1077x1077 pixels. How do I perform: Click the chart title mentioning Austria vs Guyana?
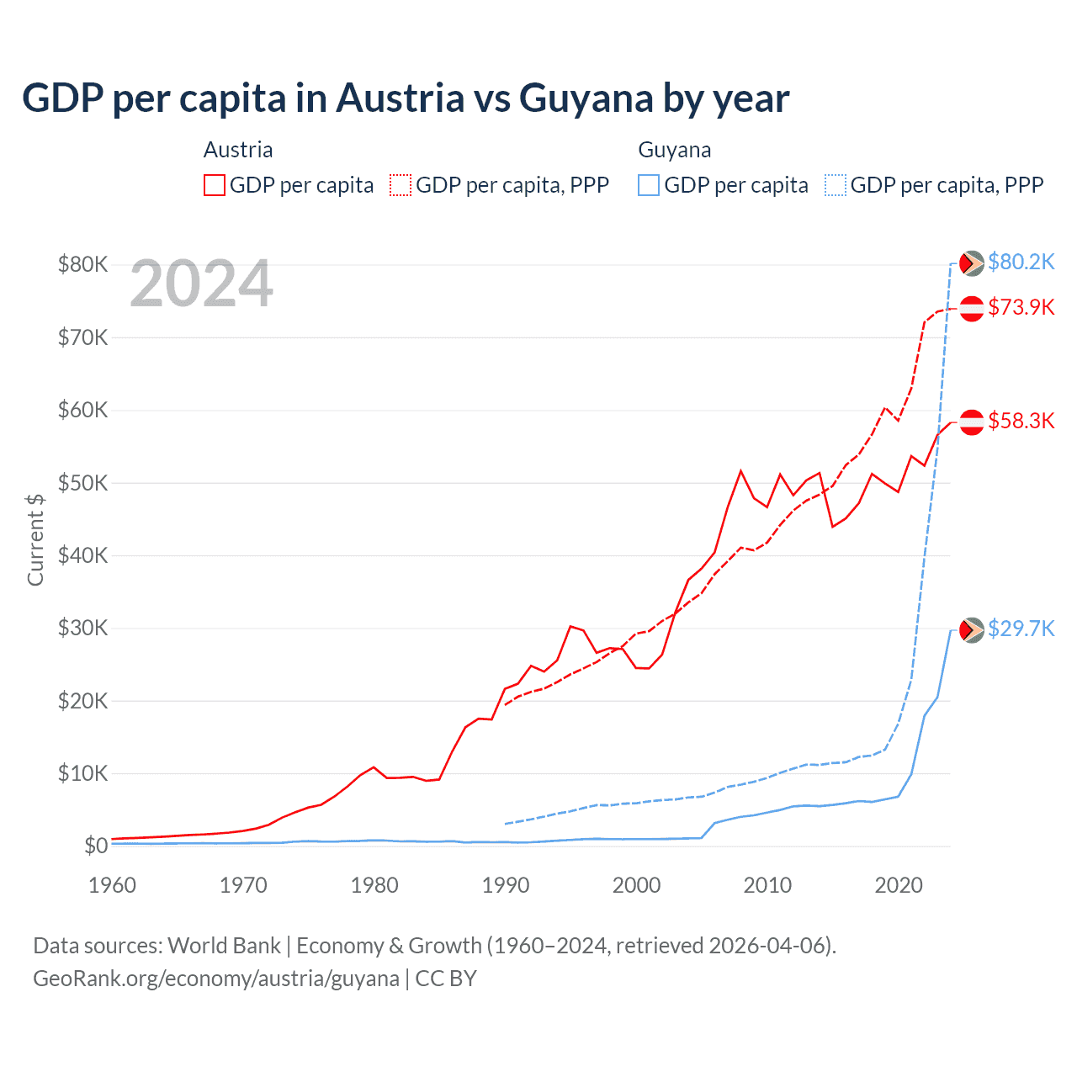pos(405,98)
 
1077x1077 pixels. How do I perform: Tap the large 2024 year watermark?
pos(201,284)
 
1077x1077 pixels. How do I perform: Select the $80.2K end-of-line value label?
pos(1021,262)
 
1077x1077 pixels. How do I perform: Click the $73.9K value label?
pos(1021,307)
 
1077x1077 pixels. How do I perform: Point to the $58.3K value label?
pos(1021,421)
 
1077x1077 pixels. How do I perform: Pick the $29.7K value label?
pos(1021,629)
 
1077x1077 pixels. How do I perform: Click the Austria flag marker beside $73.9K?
pos(972,309)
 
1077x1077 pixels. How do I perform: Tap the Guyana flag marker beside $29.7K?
pos(972,629)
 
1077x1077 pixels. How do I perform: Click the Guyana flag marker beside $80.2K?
pos(972,263)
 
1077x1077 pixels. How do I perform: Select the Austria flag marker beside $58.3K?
pos(972,422)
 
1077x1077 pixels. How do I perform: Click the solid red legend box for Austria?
pos(215,185)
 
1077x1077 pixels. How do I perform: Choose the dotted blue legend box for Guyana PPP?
pos(836,185)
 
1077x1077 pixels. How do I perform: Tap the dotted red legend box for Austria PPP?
pos(401,185)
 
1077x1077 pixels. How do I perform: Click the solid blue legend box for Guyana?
pos(649,185)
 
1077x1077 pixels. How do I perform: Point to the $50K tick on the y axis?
pos(82,483)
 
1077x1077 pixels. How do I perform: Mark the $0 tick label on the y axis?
pos(96,846)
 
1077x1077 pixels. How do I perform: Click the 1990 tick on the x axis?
pos(506,885)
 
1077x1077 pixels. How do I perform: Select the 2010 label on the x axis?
pos(767,885)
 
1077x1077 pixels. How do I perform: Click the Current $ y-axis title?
pos(35,539)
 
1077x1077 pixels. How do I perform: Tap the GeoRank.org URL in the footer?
pos(216,979)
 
